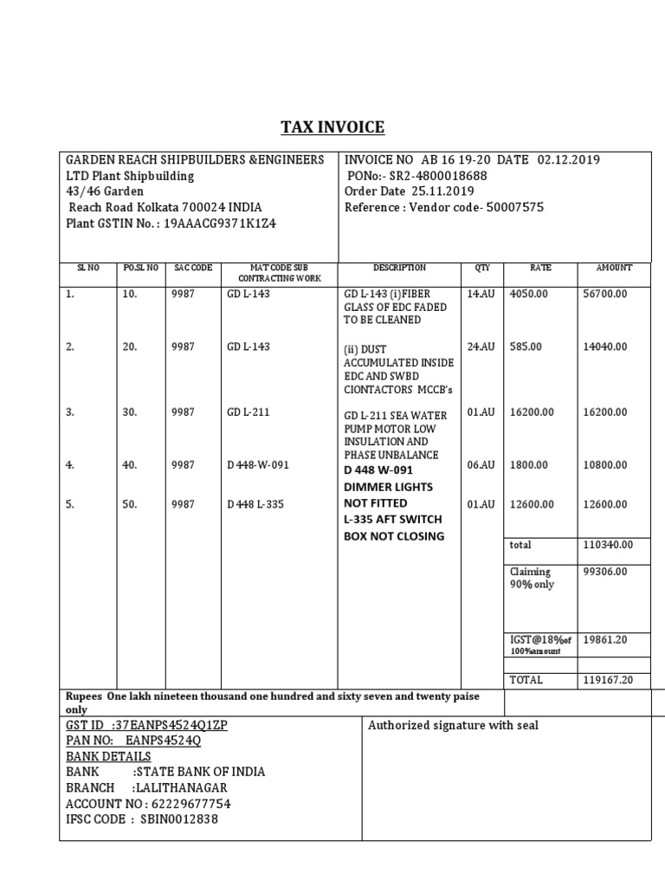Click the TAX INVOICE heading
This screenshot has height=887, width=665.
(x=332, y=127)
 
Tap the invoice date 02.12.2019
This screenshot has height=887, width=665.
(x=568, y=160)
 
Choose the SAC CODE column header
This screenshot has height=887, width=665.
(x=193, y=269)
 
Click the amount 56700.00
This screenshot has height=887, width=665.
(x=606, y=295)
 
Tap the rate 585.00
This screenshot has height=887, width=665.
(x=526, y=346)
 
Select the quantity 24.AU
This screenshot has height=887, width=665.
(x=481, y=346)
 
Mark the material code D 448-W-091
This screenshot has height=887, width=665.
(x=258, y=465)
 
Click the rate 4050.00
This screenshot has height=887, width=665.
(x=529, y=295)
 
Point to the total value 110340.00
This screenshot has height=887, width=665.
(x=609, y=545)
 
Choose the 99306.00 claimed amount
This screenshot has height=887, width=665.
(x=606, y=572)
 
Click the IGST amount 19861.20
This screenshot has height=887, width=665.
(x=606, y=640)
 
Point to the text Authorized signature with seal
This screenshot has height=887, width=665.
(x=453, y=725)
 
